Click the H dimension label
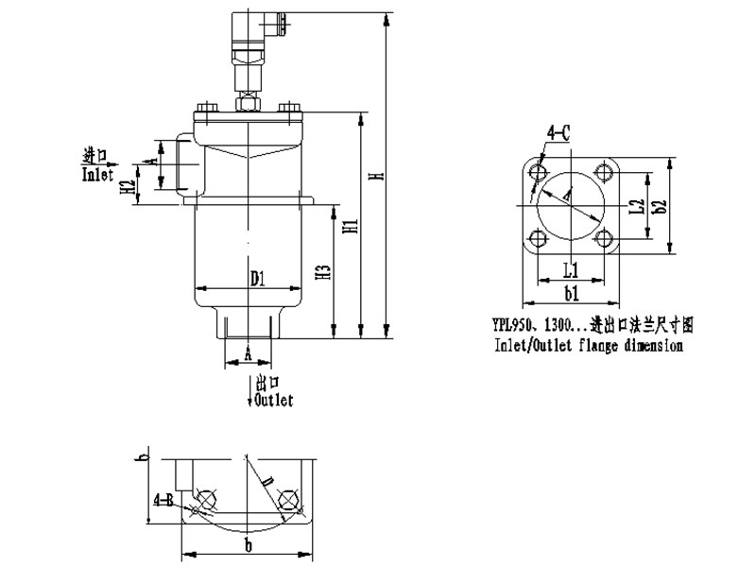point(376,177)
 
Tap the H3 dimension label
point(324,274)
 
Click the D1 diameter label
point(258,278)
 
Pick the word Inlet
point(97,175)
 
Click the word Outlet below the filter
point(273,401)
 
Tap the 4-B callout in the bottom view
point(162,498)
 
